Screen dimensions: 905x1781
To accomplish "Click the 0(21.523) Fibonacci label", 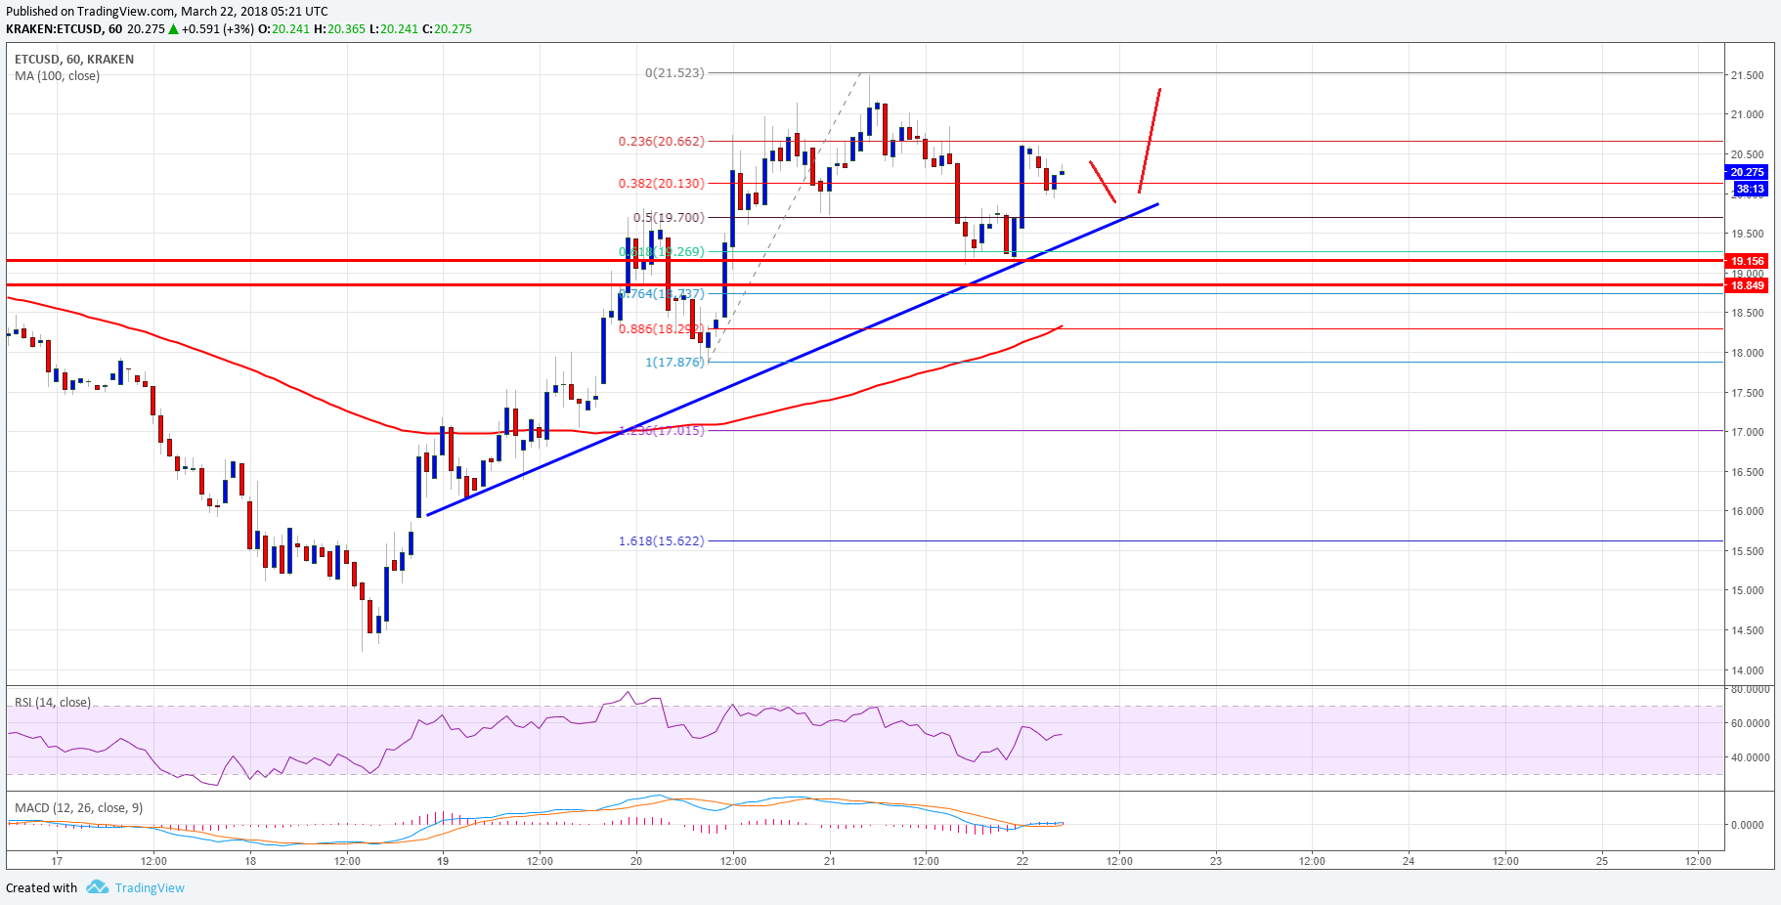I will click(x=674, y=73).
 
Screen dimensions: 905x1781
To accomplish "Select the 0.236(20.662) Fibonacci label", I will click(x=661, y=142).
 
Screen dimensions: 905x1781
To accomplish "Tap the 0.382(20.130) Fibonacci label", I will click(x=661, y=184).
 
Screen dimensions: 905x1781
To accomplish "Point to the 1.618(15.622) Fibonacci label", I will click(x=661, y=541).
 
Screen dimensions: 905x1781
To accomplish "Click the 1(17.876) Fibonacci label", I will click(x=674, y=363).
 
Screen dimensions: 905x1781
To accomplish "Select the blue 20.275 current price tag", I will click(x=1748, y=172).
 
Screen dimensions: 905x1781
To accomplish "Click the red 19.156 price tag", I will click(x=1748, y=261).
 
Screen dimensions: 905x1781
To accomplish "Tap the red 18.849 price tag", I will click(x=1748, y=285).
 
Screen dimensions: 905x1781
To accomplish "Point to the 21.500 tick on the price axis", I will click(x=1747, y=75).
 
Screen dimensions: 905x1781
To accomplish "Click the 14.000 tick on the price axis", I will click(x=1747, y=670).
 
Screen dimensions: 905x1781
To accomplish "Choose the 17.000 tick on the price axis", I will click(x=1747, y=432).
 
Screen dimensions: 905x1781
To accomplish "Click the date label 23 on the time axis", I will click(x=1216, y=861).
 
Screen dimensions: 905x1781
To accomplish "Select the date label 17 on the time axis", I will click(x=58, y=861).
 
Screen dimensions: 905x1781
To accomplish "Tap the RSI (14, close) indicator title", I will click(x=53, y=703).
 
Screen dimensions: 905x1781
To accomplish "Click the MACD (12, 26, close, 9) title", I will click(x=78, y=808).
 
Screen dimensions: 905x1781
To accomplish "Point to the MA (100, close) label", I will click(x=57, y=76).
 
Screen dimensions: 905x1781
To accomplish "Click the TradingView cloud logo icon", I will click(x=97, y=887).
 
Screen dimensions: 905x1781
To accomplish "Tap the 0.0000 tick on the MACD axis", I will click(x=1748, y=825).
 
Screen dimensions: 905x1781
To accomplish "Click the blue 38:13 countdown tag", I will click(x=1750, y=189).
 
